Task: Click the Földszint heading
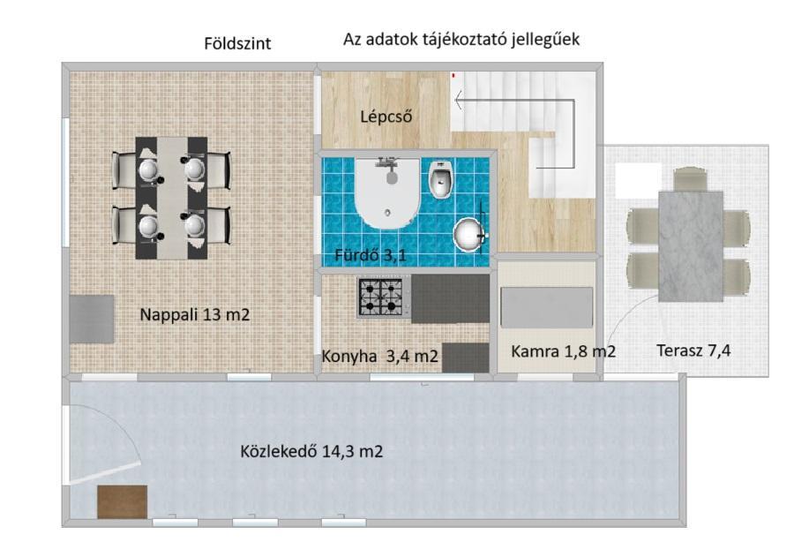click(237, 43)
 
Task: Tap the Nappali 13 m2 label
click(194, 314)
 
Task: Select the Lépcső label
click(386, 117)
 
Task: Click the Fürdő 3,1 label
click(370, 254)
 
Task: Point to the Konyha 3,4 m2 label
click(379, 357)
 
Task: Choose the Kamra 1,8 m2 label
click(563, 351)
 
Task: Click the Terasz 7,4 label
click(693, 350)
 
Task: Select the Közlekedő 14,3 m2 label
click(311, 452)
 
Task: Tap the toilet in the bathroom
click(442, 179)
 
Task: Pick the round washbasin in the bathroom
click(470, 234)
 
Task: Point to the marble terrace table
click(690, 246)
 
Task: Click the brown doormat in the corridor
click(123, 501)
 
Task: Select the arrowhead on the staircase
click(458, 100)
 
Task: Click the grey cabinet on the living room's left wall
click(92, 319)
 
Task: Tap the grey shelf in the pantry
click(546, 308)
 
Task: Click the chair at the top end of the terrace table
click(690, 178)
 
